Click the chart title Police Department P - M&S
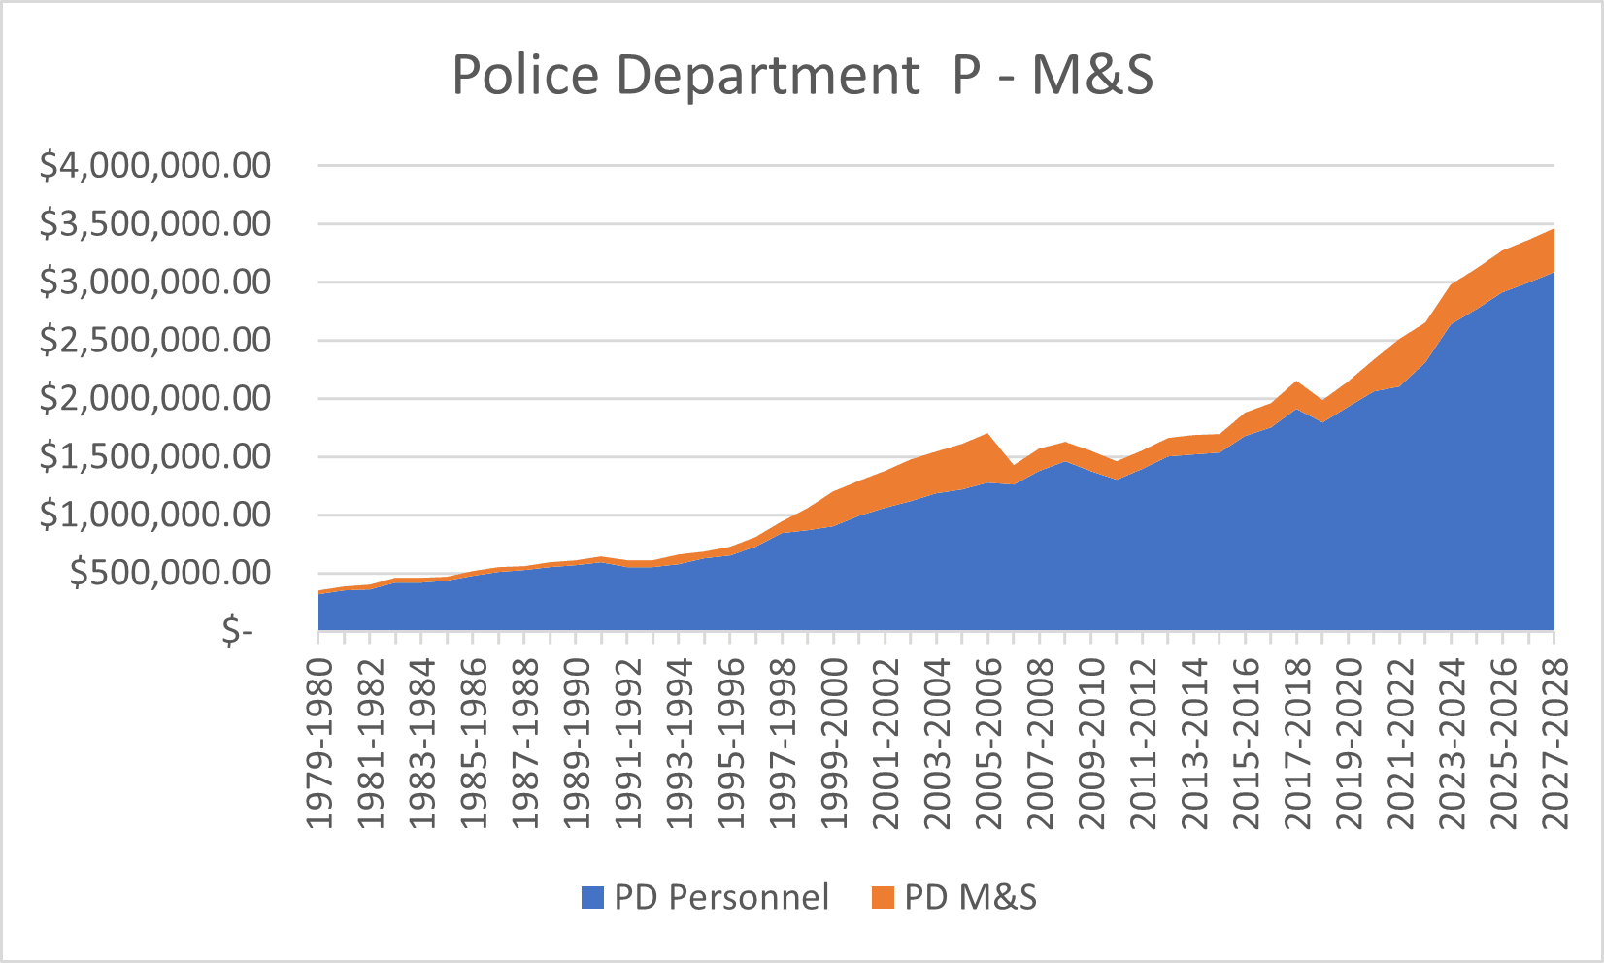802,75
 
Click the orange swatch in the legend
882,898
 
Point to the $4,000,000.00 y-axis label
154,166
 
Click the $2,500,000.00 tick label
154,341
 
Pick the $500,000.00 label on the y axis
170,574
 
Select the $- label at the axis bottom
236,632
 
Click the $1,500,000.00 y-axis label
154,457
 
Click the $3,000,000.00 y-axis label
154,282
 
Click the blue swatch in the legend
592,898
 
